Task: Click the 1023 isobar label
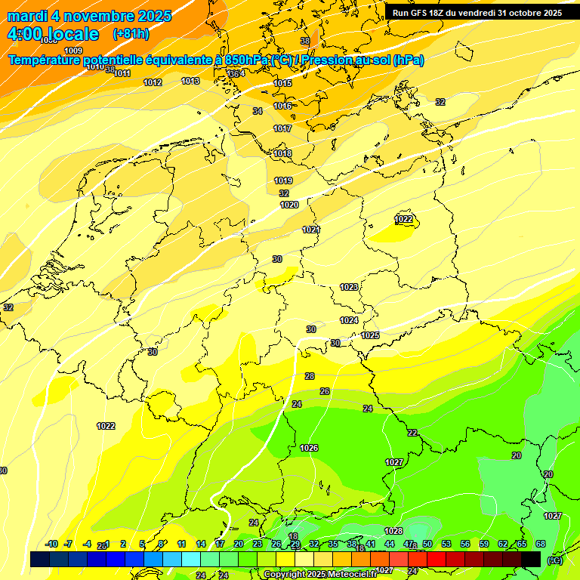pyautogui.click(x=349, y=287)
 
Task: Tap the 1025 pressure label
pyautogui.click(x=370, y=335)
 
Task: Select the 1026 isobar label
pyautogui.click(x=309, y=448)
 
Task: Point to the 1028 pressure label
pyautogui.click(x=393, y=531)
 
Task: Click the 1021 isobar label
pyautogui.click(x=311, y=230)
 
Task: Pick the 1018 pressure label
pyautogui.click(x=282, y=154)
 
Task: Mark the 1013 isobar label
pyautogui.click(x=190, y=81)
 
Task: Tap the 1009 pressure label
pyautogui.click(x=74, y=51)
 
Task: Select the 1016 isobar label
pyautogui.click(x=282, y=106)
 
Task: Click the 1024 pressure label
pyautogui.click(x=348, y=320)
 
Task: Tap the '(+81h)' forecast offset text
pyautogui.click(x=131, y=34)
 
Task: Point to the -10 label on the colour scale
pyautogui.click(x=51, y=544)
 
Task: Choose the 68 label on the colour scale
pyautogui.click(x=541, y=544)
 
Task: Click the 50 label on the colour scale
pyautogui.click(x=427, y=544)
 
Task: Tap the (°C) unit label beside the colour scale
pyautogui.click(x=555, y=560)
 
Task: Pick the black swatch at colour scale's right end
pyautogui.click(x=531, y=559)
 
